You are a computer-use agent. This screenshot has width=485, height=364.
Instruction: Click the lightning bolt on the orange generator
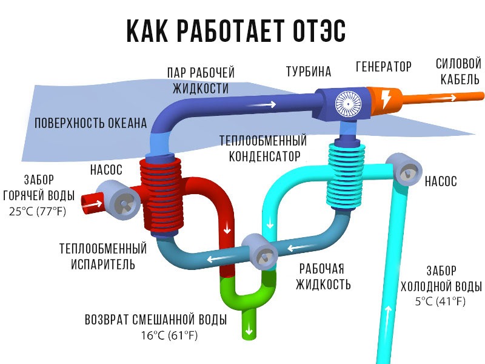pyautogui.click(x=386, y=99)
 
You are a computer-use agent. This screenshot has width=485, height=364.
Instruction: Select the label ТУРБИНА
pyautogui.click(x=309, y=72)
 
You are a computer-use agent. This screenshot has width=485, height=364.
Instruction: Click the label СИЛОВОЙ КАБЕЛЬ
pyautogui.click(x=458, y=71)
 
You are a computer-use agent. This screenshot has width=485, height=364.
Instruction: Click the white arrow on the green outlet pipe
pyautogui.click(x=249, y=331)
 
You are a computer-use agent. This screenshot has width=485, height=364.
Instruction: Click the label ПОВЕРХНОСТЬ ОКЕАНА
pyautogui.click(x=91, y=123)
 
